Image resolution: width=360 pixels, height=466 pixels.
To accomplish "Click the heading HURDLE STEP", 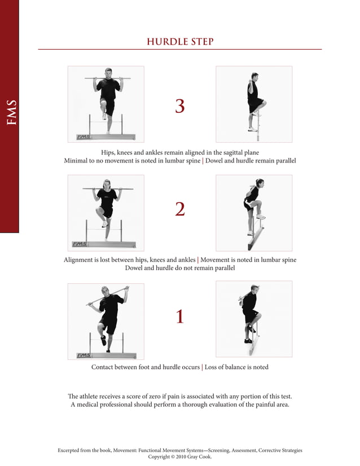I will (179, 42).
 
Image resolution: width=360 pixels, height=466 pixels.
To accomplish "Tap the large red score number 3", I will (179, 106).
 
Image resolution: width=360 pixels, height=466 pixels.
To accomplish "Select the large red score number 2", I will (179, 209).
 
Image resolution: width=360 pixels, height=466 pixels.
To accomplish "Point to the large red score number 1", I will (179, 317).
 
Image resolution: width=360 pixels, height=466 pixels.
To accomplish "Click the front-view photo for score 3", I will (106, 104).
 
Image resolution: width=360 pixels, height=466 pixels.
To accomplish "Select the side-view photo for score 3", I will (254, 104).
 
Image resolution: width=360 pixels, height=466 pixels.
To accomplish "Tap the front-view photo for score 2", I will (106, 213).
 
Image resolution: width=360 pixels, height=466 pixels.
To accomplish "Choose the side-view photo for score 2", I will (254, 213).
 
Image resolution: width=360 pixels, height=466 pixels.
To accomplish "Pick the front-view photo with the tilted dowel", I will (106, 321).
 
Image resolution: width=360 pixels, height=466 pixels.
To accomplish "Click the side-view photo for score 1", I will (254, 319).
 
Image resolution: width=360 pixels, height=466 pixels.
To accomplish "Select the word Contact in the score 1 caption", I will (104, 367).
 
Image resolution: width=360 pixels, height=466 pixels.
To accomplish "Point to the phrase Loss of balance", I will (226, 367).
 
